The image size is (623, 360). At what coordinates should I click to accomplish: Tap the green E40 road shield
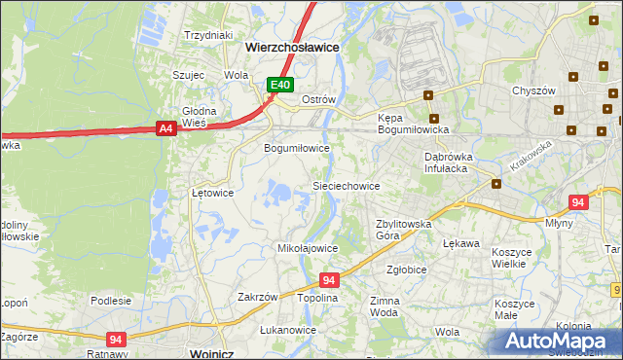pos(280,86)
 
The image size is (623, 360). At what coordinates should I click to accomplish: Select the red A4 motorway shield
pos(165,127)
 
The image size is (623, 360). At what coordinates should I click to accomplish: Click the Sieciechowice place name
pos(346,185)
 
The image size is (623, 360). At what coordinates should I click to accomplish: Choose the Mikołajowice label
pos(309,248)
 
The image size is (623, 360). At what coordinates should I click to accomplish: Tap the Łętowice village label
pos(212,193)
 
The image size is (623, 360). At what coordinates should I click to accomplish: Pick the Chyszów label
pos(532,90)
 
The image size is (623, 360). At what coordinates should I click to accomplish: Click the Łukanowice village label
pos(288,330)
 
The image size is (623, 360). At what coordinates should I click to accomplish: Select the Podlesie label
pos(110,301)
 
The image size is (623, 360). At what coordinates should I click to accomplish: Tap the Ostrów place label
pos(318,100)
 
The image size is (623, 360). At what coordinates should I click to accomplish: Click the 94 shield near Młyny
pos(578,202)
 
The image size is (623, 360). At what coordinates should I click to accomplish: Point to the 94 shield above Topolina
pos(329,280)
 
